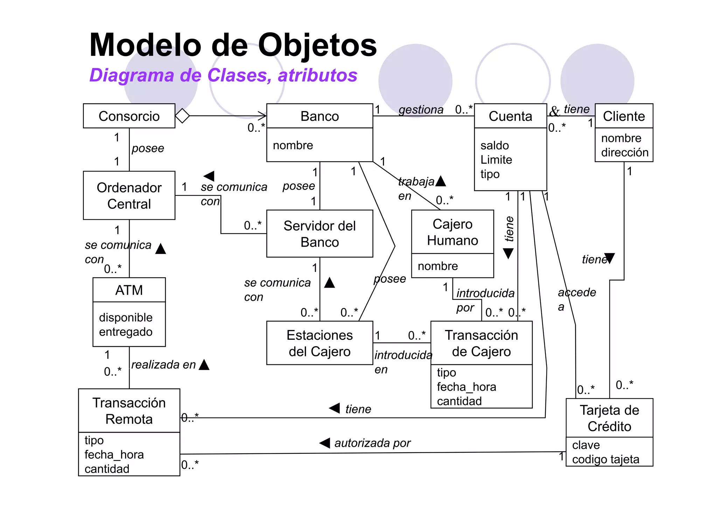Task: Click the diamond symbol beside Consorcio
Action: [x=182, y=116]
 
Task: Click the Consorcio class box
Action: [x=129, y=116]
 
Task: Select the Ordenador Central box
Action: [x=129, y=196]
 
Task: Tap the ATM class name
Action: [x=129, y=290]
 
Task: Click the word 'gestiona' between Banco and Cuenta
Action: [x=421, y=110]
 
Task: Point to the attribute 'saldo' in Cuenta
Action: [x=494, y=145]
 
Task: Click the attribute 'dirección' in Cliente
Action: [x=625, y=152]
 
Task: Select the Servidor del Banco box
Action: [x=319, y=234]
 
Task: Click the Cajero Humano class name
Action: [x=452, y=232]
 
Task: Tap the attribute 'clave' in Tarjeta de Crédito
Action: [x=586, y=445]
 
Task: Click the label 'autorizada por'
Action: [x=372, y=443]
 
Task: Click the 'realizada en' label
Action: [x=163, y=365]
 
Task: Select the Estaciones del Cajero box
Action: [x=319, y=343]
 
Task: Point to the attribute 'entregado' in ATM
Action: [x=126, y=332]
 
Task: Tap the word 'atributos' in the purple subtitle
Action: [x=317, y=75]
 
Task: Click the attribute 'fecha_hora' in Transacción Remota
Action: [x=114, y=454]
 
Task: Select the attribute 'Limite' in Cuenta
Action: [x=496, y=160]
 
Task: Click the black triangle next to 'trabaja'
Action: [x=441, y=181]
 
